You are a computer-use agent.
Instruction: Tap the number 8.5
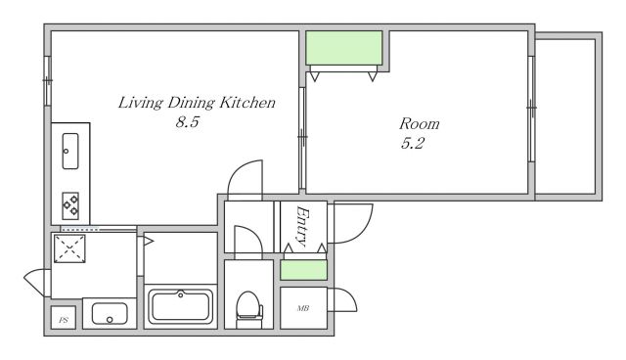[x=187, y=121]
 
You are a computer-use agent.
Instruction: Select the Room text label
[x=420, y=123]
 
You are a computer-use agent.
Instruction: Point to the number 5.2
[x=413, y=143]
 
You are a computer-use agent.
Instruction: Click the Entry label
[x=302, y=226]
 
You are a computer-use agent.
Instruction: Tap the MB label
[x=303, y=308]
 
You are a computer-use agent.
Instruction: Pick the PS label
[x=64, y=320]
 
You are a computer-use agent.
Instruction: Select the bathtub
[x=180, y=306]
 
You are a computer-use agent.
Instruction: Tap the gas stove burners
[x=70, y=205]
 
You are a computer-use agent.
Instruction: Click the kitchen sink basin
[x=70, y=151]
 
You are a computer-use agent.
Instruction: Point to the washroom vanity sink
[x=110, y=314]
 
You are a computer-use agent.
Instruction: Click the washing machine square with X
[x=69, y=248]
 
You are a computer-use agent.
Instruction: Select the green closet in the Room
[x=344, y=48]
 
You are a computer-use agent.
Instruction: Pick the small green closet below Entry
[x=304, y=270]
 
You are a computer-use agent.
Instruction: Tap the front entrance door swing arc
[x=364, y=230]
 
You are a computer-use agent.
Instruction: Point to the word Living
[x=141, y=103]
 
